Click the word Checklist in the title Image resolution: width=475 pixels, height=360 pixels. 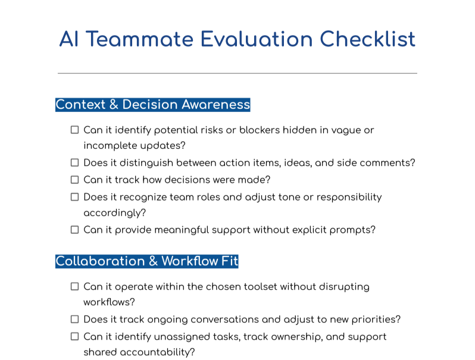pyautogui.click(x=367, y=39)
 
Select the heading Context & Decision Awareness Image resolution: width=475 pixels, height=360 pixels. pyautogui.click(x=153, y=105)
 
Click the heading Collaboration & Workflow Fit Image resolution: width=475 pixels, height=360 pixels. pyautogui.click(x=147, y=261)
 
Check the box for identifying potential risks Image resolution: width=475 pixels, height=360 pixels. pyautogui.click(x=75, y=130)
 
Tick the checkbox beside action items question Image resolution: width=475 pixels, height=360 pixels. pyautogui.click(x=75, y=162)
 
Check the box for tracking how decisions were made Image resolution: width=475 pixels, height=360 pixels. pyautogui.click(x=75, y=180)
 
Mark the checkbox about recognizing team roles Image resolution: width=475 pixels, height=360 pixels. pyautogui.click(x=75, y=197)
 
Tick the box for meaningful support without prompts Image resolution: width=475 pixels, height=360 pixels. pyautogui.click(x=75, y=230)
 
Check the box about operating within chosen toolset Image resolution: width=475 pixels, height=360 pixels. pyautogui.click(x=75, y=286)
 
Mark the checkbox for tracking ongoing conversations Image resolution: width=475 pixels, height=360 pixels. pyautogui.click(x=75, y=320)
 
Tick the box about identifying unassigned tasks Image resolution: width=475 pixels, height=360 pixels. pyautogui.click(x=75, y=336)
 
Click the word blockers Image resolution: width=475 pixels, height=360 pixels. pyautogui.click(x=259, y=130)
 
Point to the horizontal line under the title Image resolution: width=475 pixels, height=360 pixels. pyautogui.click(x=237, y=73)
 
